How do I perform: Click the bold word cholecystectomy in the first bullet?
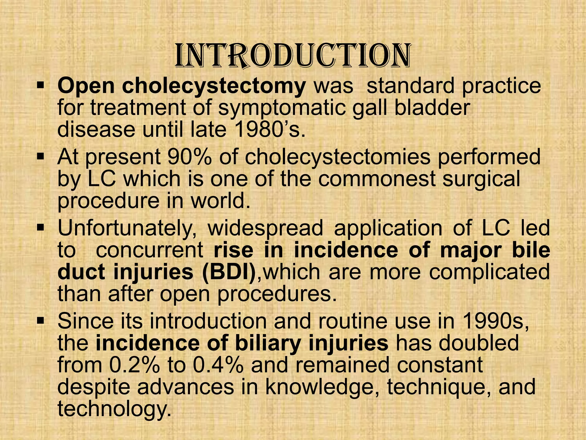point(214,86)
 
